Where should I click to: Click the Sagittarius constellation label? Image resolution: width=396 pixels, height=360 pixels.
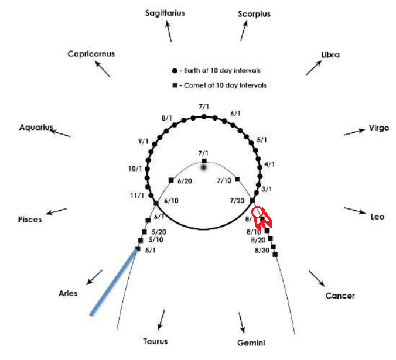tap(165, 13)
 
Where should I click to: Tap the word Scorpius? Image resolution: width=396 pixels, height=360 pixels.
tap(254, 14)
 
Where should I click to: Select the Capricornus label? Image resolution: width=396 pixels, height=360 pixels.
tap(91, 54)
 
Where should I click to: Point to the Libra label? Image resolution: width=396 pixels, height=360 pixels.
tap(330, 54)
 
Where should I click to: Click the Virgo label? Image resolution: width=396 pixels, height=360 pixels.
tap(378, 128)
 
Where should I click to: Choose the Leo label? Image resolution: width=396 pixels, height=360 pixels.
tap(378, 217)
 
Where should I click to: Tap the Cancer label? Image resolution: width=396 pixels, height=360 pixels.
tap(340, 296)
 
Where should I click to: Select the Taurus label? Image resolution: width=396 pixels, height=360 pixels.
tap(155, 341)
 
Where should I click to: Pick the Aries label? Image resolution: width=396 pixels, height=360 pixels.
tap(68, 293)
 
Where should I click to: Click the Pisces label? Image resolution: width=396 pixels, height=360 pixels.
tap(30, 220)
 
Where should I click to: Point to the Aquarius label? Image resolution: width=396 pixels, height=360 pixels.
tap(36, 127)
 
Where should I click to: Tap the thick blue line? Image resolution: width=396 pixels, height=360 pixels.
tap(114, 282)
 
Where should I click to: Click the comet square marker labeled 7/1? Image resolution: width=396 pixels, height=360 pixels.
tap(204, 160)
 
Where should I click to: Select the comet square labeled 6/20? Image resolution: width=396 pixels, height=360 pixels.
tap(171, 180)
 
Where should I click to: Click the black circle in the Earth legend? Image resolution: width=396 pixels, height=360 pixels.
tap(175, 70)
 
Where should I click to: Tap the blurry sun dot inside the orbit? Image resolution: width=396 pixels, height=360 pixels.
tap(204, 168)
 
